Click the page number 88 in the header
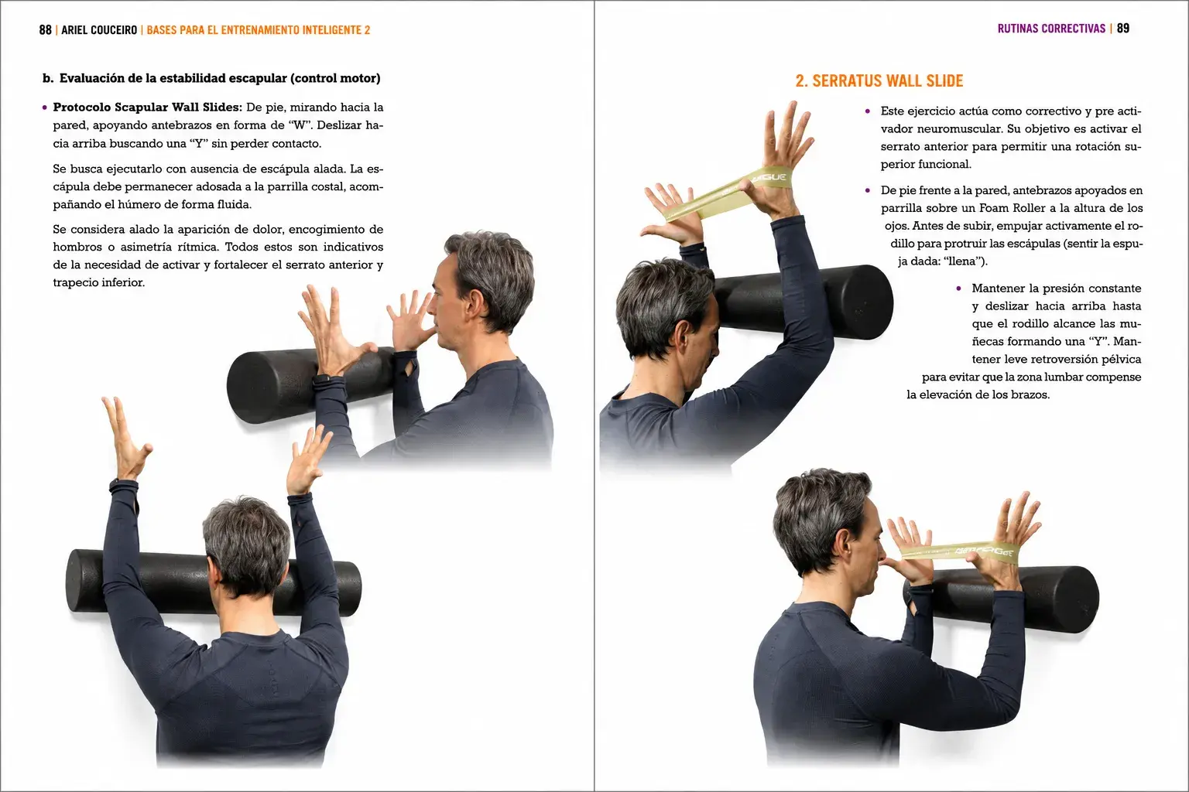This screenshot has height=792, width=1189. tap(45, 29)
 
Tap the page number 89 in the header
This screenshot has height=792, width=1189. tap(1123, 28)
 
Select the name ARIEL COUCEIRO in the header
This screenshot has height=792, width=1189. tap(99, 29)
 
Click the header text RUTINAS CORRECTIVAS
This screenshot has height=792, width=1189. tap(1051, 28)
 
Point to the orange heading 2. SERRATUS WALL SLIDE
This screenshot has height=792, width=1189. tap(879, 80)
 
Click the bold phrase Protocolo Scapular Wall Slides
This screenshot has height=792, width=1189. tap(148, 108)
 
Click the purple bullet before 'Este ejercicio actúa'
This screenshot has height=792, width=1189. tap(867, 111)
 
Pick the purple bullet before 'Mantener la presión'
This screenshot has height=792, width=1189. tap(958, 288)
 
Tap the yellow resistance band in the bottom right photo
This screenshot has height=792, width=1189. tap(960, 551)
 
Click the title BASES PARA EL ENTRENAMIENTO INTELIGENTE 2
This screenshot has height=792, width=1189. tap(258, 29)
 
